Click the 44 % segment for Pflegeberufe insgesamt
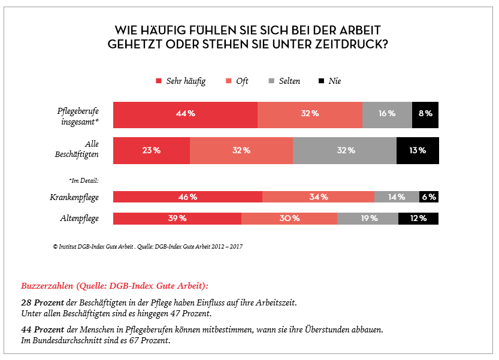pos(185,114)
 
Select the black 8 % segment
pos(425,114)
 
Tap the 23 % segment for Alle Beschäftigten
pos(152,150)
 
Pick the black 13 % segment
pos(418,150)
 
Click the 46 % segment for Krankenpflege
pos(187,197)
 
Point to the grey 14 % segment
pos(397,197)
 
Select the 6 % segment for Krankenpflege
pos(429,197)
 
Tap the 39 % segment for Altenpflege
pos(177,219)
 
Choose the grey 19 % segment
pos(368,219)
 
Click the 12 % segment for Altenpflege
pos(418,219)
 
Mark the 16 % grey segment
pos(387,114)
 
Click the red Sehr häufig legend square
pos(159,81)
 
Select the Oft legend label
pos(242,81)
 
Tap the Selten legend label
pos(289,81)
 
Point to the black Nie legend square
pos(321,81)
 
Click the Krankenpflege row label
pos(74,197)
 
